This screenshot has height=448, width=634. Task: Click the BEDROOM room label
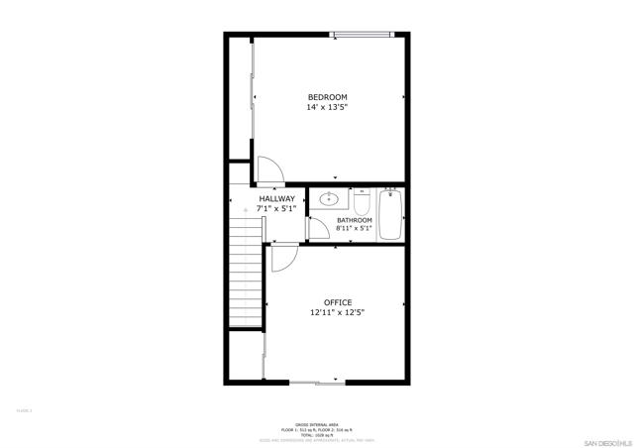point(327,96)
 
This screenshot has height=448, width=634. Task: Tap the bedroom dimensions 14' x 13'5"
point(327,107)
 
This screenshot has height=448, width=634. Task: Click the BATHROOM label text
point(354,220)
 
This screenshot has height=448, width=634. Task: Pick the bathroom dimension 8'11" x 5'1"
point(354,229)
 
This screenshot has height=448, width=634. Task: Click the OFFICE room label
point(338,302)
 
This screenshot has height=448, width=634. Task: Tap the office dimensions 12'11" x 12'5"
point(338,313)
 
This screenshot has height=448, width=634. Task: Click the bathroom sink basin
point(328,198)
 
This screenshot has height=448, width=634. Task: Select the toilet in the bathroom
point(362,202)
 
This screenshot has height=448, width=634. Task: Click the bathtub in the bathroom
point(391,214)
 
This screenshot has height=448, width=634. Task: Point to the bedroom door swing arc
point(270,169)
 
